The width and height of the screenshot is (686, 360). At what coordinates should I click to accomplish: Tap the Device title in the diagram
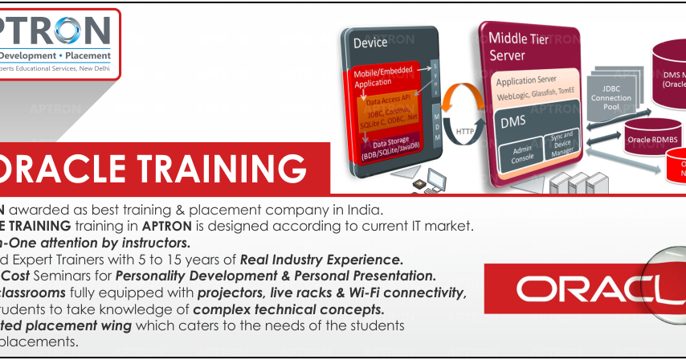(370, 43)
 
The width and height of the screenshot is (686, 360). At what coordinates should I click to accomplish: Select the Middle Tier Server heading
(519, 46)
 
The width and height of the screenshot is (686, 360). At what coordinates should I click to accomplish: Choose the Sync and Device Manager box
(562, 143)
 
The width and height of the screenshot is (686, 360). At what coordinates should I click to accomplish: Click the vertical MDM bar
(437, 125)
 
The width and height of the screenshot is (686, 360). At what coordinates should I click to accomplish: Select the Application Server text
(526, 82)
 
